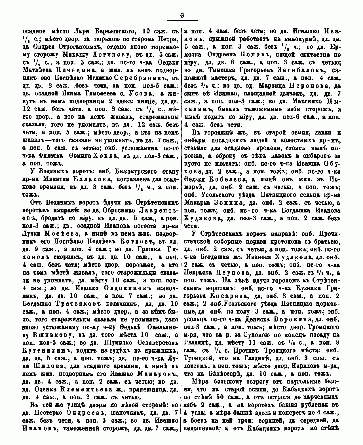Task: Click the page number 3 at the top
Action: click(182, 16)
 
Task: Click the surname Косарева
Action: click(226, 296)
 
